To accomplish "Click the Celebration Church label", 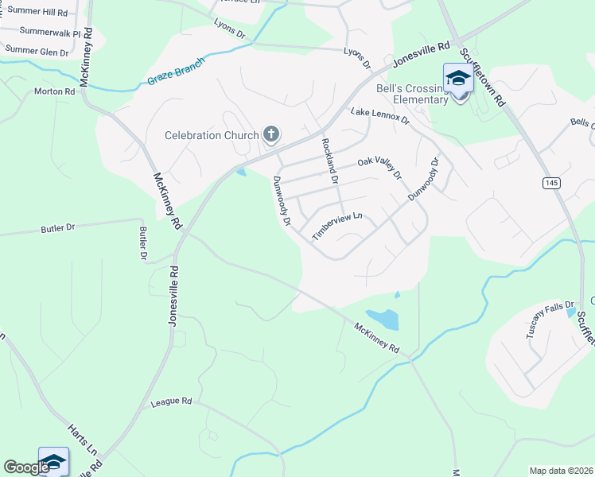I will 212,135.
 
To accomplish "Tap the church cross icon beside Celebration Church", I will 271,134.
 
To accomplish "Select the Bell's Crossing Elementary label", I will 420,94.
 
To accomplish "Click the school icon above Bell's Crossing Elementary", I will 458,78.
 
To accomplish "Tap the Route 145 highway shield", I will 551,183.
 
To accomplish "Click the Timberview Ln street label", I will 337,227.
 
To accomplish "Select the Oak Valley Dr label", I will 379,167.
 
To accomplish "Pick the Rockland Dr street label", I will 329,159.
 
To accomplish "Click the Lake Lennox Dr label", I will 379,117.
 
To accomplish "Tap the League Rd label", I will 172,403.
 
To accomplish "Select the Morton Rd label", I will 54,91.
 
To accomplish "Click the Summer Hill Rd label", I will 34,14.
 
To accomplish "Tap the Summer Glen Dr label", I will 37,50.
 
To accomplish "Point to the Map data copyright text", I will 561,471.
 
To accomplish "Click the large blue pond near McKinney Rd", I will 383,319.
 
